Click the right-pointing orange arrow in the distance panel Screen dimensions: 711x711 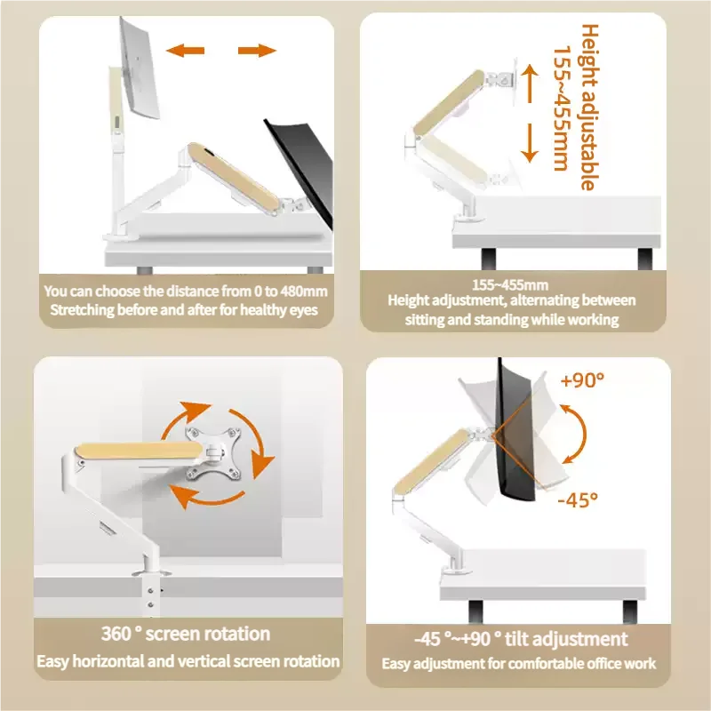[258, 51]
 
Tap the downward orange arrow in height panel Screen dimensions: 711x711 [530, 142]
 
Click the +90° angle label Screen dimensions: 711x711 [582, 379]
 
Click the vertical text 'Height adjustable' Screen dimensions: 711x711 [588, 107]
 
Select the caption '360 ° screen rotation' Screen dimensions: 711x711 [187, 634]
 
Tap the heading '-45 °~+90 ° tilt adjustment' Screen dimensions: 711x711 [520, 639]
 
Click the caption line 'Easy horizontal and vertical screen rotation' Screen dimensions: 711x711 [188, 661]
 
